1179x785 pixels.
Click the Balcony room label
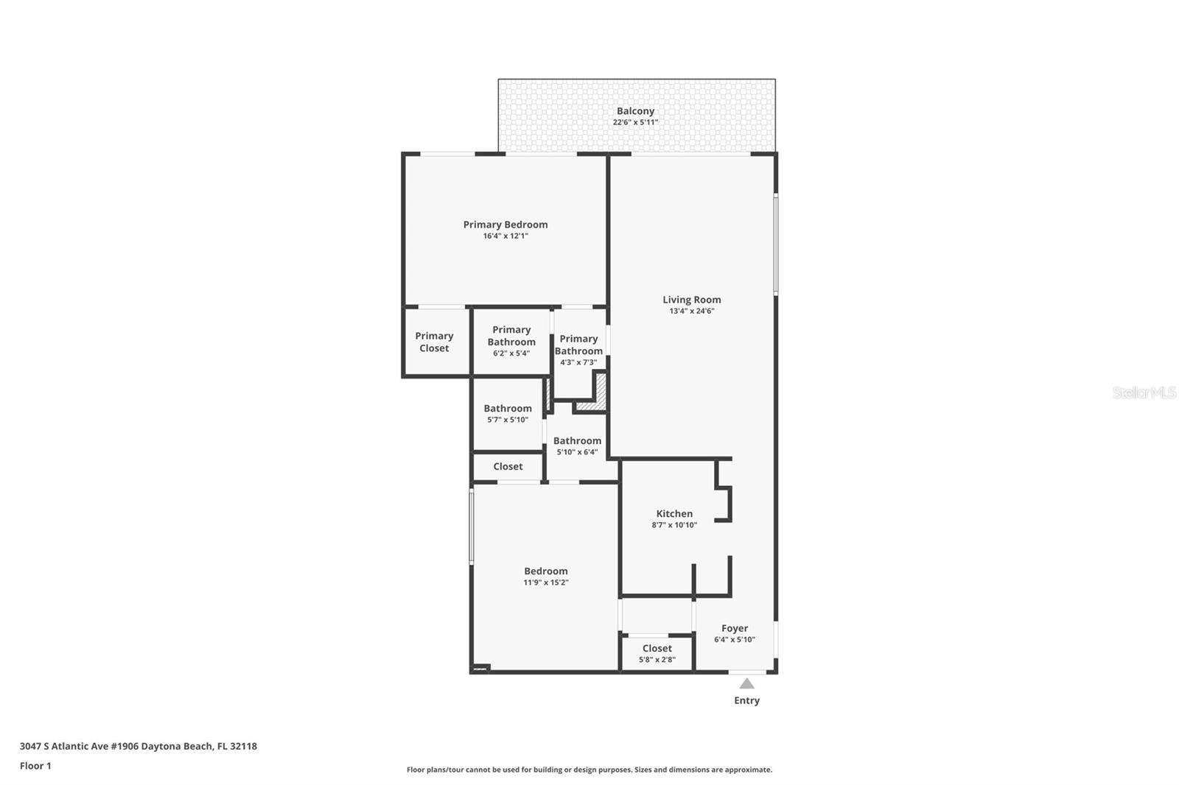tap(635, 111)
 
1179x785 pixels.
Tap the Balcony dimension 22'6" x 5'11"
tap(635, 122)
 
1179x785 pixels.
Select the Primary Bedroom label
tap(505, 225)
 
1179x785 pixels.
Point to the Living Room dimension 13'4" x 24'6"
tap(692, 311)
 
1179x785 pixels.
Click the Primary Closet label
tap(434, 342)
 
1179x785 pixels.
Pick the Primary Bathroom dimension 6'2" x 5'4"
tap(511, 353)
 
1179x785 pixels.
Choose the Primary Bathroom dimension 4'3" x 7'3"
tap(578, 362)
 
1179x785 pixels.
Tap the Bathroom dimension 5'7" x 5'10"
tap(508, 420)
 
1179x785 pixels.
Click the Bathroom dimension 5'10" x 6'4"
tap(578, 452)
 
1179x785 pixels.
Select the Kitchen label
tap(674, 513)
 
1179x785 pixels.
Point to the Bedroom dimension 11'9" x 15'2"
tap(546, 582)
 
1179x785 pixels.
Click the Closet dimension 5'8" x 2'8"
tap(657, 660)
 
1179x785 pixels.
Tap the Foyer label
tap(735, 628)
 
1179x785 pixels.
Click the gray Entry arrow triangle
tap(747, 684)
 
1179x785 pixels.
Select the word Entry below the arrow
tap(747, 700)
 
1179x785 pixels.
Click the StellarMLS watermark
tap(1144, 392)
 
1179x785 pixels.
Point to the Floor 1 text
tap(36, 766)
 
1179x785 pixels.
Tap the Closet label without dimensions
tap(508, 467)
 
